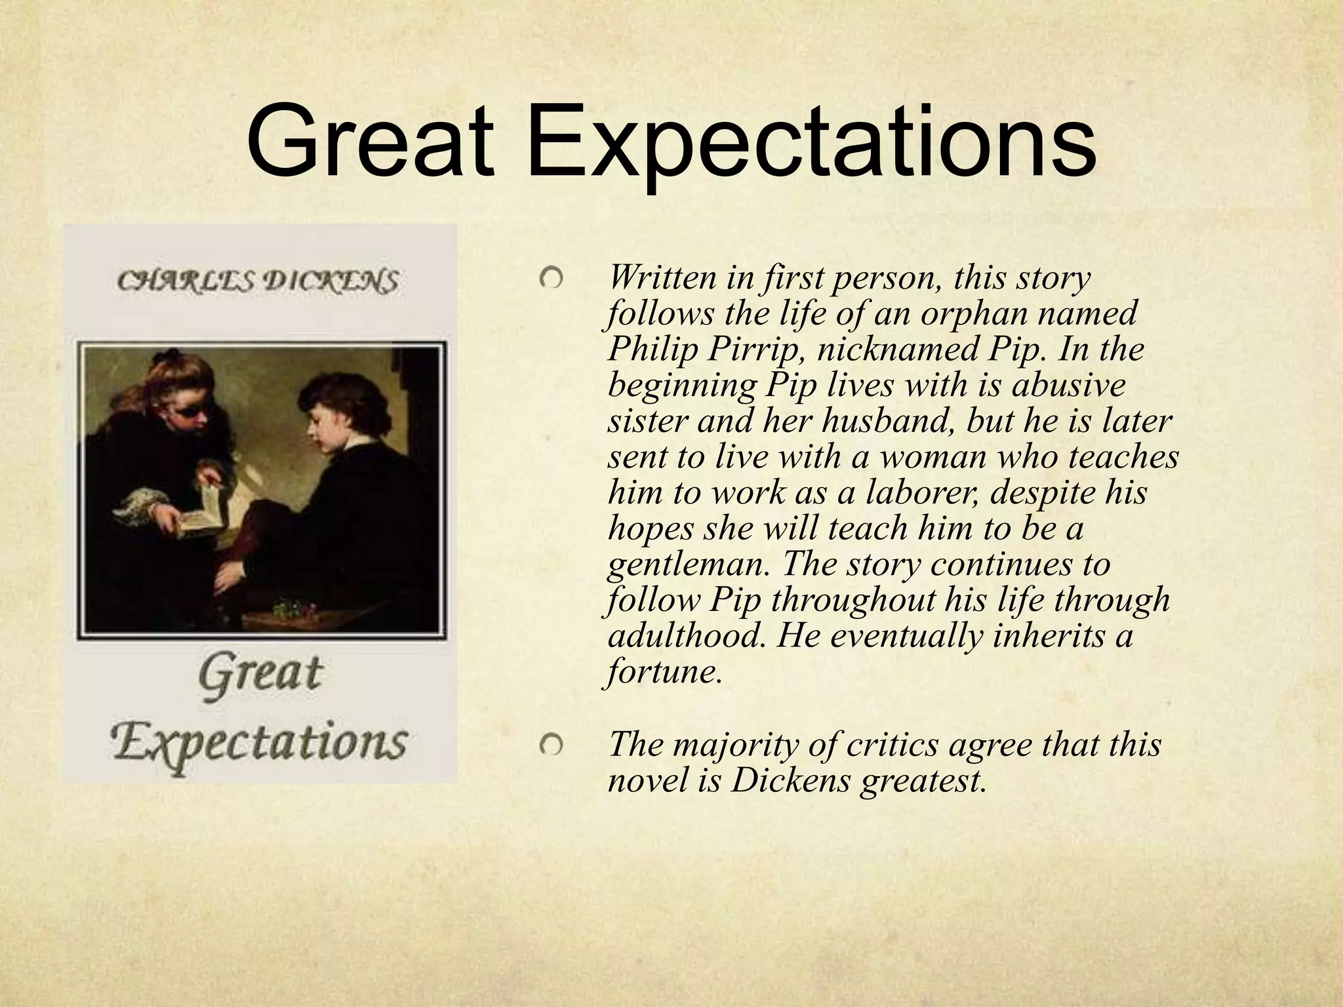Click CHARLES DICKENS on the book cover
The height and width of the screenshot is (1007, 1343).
pyautogui.click(x=258, y=282)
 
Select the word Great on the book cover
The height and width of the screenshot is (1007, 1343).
pyautogui.click(x=260, y=674)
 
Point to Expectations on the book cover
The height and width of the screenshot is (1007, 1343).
pyautogui.click(x=260, y=742)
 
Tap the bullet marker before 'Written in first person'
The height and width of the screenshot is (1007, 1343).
pyautogui.click(x=551, y=279)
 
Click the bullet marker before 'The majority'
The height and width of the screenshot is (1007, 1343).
pyautogui.click(x=551, y=745)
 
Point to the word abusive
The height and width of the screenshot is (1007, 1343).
pyautogui.click(x=1068, y=385)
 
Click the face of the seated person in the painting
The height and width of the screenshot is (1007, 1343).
pyautogui.click(x=321, y=420)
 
